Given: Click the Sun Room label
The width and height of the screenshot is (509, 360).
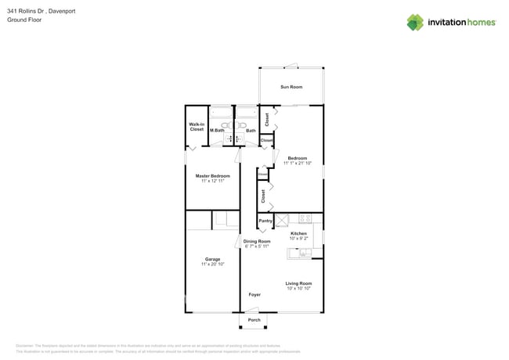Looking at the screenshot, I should click(291, 87).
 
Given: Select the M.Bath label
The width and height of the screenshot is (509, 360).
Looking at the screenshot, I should click(217, 131).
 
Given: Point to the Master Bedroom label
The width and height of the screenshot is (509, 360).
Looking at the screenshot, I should click(212, 176).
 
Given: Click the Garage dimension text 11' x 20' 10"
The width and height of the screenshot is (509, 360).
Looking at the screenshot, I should click(212, 265).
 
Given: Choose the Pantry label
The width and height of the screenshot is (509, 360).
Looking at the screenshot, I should click(265, 221).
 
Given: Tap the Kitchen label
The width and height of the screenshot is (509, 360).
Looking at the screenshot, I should click(298, 233).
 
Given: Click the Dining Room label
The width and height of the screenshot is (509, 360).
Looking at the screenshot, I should click(256, 241).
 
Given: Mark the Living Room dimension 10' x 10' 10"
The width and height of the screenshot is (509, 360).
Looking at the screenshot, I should click(298, 289).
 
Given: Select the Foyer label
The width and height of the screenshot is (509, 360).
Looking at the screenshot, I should click(254, 295).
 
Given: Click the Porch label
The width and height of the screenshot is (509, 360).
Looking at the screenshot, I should click(254, 320).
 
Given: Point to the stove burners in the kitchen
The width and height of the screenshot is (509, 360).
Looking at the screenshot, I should click(305, 218).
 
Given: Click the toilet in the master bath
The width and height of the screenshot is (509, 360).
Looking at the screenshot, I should click(225, 124).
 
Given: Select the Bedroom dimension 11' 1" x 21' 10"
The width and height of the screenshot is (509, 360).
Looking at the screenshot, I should click(297, 164).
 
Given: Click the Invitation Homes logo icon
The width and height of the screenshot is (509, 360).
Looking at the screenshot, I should click(415, 23).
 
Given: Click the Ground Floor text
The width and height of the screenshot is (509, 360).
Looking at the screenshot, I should click(24, 20).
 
